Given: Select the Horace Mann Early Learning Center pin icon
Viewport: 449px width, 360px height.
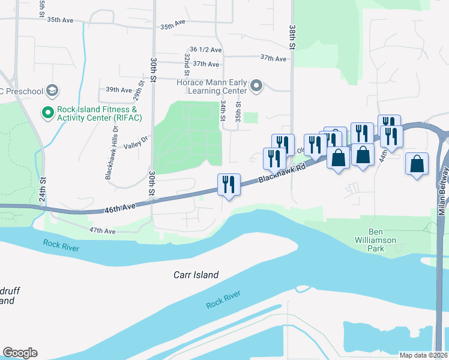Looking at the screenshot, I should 257,87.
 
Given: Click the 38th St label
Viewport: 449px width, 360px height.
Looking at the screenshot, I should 292,37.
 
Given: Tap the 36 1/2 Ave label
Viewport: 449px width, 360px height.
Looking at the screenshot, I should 205,49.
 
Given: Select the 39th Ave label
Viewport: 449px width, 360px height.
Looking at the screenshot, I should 118,90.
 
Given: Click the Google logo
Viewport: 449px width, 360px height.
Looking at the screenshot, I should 20,353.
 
